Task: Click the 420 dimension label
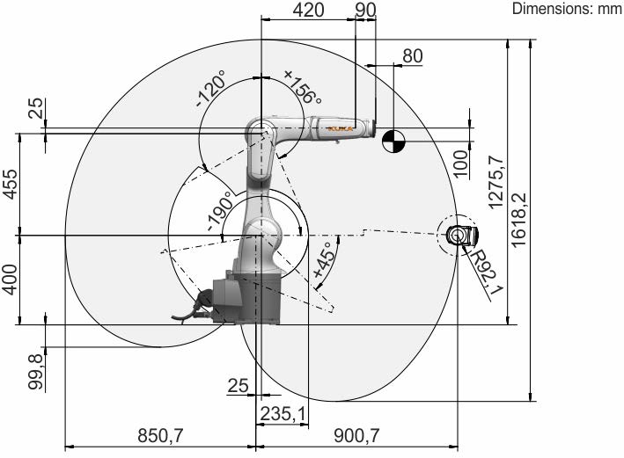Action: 308,10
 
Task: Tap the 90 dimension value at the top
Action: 365,10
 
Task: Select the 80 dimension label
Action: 412,56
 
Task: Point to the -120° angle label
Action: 210,89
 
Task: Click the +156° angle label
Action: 303,87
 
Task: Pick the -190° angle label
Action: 220,211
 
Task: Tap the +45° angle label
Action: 327,260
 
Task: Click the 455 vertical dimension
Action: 11,184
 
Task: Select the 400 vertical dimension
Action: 11,280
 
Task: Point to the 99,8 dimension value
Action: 35,372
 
